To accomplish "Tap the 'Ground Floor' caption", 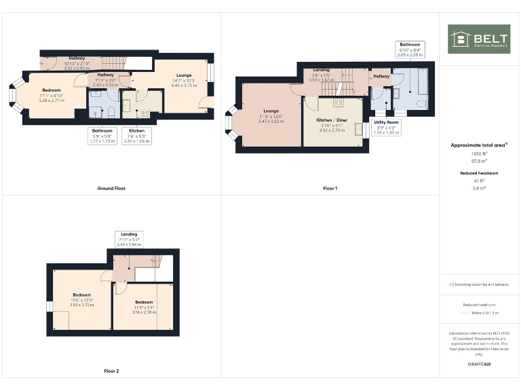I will (x=111, y=188).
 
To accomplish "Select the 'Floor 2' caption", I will (x=111, y=371).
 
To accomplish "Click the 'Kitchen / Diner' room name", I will (x=332, y=119).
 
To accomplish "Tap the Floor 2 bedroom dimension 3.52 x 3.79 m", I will (x=82, y=305).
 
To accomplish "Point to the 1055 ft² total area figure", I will (x=479, y=153).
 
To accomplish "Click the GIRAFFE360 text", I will (x=479, y=365).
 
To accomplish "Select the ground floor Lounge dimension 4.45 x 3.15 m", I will (x=184, y=86).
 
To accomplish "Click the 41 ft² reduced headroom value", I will (x=479, y=181).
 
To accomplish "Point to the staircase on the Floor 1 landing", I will (x=347, y=83).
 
